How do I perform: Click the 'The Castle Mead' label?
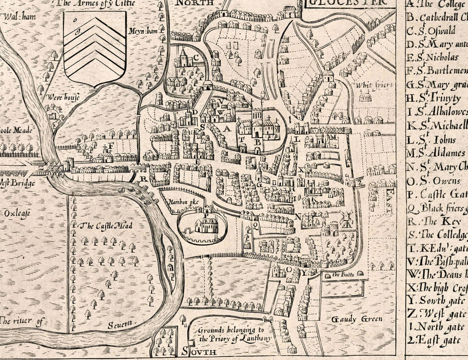tap(107, 226)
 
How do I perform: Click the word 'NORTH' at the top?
tap(189, 3)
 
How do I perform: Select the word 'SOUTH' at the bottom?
tap(200, 353)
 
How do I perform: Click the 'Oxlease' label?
tap(18, 213)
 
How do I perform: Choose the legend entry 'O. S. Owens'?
tap(434, 181)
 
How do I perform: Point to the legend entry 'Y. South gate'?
tap(434, 300)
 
